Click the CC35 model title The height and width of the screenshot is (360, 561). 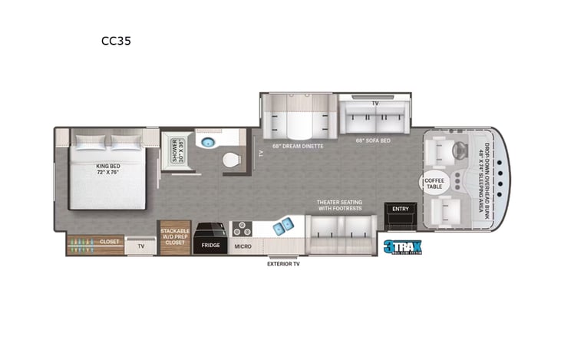tap(116, 41)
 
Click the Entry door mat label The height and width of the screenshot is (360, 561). tap(401, 209)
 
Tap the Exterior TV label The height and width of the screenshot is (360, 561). tap(283, 264)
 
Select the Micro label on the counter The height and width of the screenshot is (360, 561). tap(243, 246)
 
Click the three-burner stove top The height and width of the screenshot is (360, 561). tap(243, 229)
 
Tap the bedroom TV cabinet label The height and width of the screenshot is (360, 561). tap(141, 246)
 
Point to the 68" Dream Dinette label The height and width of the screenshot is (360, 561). tap(297, 145)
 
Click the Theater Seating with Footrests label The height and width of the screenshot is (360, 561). tap(340, 206)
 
